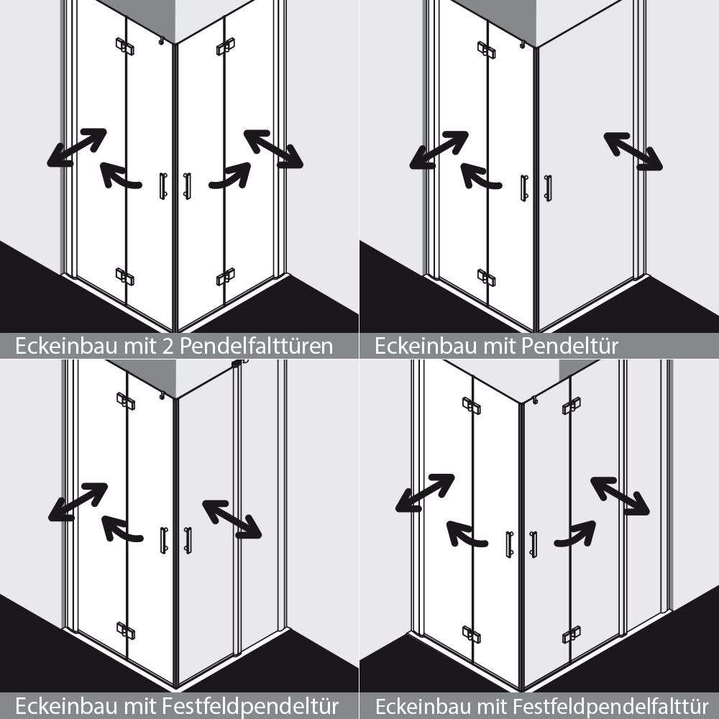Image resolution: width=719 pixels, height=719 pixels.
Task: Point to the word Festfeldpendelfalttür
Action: pos(610,706)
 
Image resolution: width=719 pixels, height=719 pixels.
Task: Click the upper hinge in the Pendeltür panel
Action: pos(486,50)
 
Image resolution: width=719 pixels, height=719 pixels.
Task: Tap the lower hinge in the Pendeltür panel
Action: pos(486,278)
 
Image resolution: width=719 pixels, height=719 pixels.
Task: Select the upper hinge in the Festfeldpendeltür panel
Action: pos(126,401)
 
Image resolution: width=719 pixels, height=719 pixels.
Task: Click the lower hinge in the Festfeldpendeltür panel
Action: pos(126,631)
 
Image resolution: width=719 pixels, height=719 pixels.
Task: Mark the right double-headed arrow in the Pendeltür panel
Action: pos(633,151)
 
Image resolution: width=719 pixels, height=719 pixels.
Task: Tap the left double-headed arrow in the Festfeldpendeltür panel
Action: pos(78,502)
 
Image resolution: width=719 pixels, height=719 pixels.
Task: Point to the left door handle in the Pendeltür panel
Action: pos(524,188)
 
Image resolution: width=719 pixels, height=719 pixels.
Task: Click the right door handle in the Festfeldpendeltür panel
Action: pos(188,541)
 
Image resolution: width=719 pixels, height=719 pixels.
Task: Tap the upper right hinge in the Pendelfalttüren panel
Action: pos(226,46)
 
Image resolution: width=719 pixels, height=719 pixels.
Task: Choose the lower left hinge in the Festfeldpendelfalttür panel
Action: pos(472,635)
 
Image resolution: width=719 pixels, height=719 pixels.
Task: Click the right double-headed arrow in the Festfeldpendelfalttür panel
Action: pos(620,496)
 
